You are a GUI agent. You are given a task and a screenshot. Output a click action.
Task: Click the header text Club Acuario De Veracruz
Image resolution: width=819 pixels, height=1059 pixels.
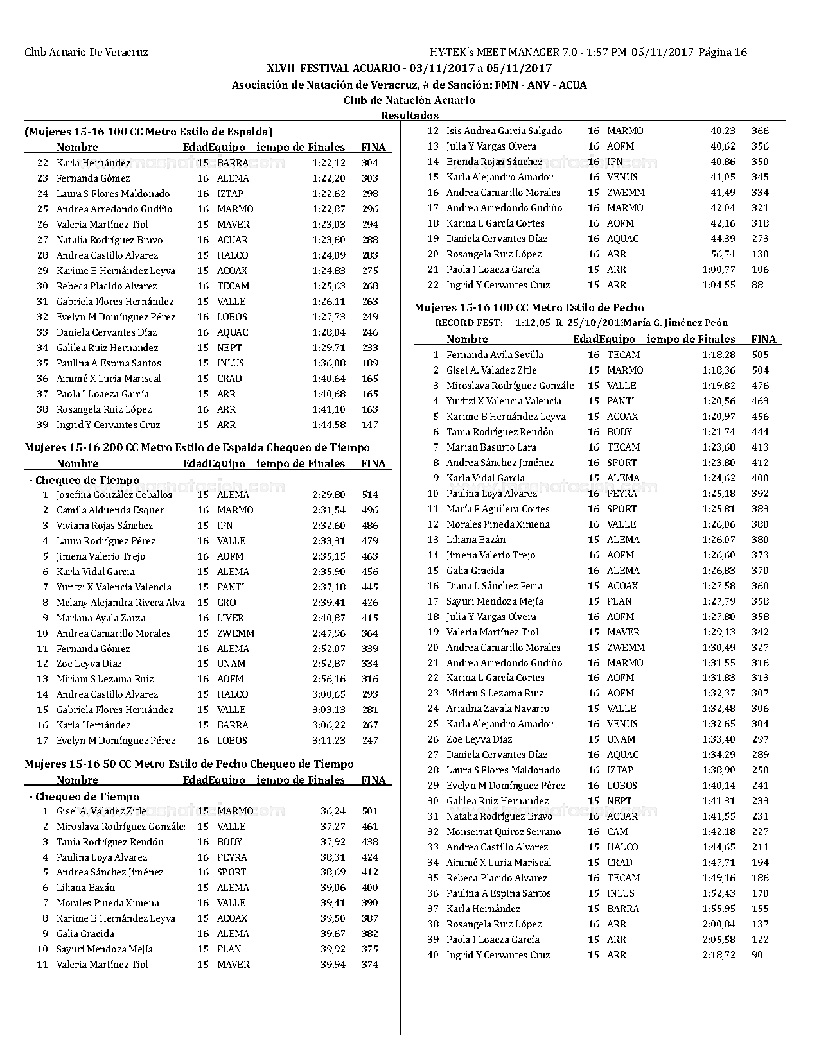86,53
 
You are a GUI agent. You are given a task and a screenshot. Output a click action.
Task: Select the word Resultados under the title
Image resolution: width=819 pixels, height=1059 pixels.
410,116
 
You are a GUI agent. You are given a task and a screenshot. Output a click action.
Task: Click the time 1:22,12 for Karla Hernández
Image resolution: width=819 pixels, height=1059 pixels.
329,163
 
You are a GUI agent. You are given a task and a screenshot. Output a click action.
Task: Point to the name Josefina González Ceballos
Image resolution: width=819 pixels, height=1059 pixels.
114,495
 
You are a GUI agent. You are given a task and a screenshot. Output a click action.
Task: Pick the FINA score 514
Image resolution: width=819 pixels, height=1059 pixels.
370,495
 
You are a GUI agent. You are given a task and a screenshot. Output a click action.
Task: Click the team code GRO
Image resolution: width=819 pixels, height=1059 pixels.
227,603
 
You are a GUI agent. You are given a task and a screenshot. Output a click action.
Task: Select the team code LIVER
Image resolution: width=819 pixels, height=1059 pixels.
231,618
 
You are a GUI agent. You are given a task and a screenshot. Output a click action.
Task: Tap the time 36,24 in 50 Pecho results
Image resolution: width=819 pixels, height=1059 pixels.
333,811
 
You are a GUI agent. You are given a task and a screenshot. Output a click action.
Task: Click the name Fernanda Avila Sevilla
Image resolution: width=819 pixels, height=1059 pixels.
495,355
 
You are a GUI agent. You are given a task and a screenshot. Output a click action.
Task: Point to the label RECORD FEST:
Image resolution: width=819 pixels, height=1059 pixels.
469,323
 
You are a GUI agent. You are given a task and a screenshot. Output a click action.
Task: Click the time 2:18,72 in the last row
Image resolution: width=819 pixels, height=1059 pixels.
719,955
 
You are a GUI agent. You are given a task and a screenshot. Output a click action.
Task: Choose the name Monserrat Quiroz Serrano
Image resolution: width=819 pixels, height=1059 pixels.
504,832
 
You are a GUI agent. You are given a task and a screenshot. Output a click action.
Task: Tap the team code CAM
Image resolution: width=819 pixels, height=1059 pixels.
617,832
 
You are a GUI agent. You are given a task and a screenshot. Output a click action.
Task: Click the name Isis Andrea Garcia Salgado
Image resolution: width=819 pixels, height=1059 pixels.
504,131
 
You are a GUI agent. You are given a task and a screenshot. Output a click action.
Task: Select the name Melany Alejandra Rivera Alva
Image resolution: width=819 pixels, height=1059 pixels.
121,603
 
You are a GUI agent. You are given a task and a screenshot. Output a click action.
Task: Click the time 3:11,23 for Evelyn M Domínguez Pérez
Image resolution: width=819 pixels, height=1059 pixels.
329,741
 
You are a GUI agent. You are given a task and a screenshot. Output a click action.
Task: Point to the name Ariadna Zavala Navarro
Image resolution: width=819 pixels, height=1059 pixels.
498,709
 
